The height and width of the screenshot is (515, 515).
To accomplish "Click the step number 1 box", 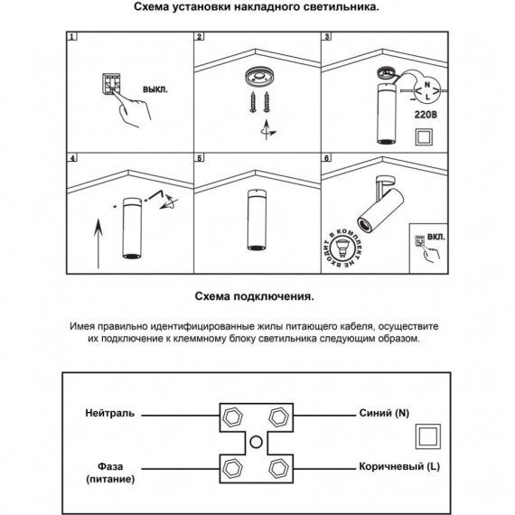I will coord(72,39).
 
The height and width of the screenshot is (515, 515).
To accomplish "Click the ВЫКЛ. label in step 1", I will coord(154,91).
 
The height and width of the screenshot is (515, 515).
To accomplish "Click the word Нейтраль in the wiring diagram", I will coord(109,413).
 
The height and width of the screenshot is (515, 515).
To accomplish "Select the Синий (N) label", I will coord(384,413).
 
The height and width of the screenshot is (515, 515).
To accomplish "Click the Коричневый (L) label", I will coord(397,467).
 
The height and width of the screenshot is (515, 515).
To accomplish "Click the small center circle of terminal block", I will coord(257,442).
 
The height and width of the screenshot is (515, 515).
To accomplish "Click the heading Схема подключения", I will coord(257,295).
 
